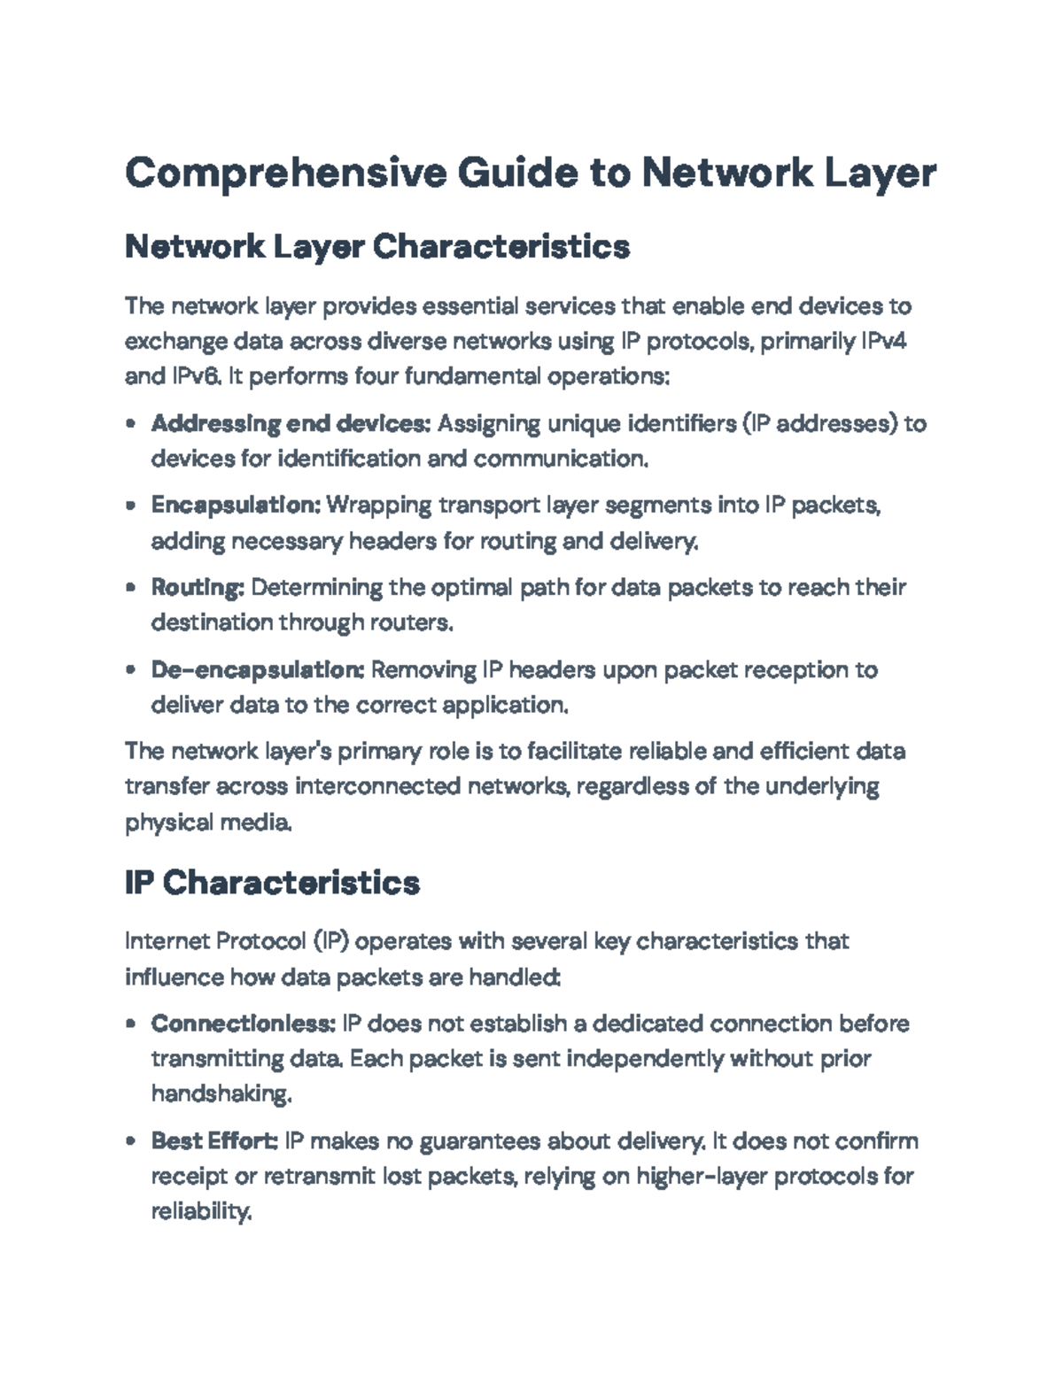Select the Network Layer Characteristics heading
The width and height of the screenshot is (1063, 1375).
tap(377, 246)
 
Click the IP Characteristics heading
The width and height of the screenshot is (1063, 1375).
tap(272, 883)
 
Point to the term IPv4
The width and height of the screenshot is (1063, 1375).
tap(883, 341)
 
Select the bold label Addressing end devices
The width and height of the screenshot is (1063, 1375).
tap(291, 423)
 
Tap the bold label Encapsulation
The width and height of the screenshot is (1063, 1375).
tap(235, 505)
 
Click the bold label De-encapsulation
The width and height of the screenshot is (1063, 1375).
tap(257, 669)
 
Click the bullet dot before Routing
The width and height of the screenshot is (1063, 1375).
tap(131, 588)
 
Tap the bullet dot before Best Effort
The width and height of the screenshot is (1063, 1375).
tap(131, 1141)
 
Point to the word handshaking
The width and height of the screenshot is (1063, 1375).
tap(221, 1094)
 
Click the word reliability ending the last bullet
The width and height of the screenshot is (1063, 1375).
tap(201, 1211)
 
